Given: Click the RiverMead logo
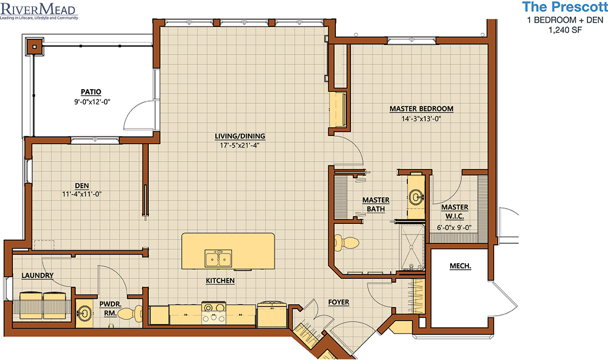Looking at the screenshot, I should pos(39,10).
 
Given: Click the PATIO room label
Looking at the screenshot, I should pos(91,92).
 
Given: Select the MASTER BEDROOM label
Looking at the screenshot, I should pos(421,109).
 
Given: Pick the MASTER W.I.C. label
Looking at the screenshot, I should pos(454,211).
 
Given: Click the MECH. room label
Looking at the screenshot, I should pos(460,266).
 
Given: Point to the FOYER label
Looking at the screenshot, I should pos(338,302).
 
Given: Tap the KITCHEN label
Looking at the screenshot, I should pos(220,281).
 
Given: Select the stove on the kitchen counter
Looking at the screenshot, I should pos(213,312).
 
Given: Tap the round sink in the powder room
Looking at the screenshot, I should pos(84,313).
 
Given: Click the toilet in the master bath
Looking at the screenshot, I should pos(347,243).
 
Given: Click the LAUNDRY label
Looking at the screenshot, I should pos(37,275).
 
